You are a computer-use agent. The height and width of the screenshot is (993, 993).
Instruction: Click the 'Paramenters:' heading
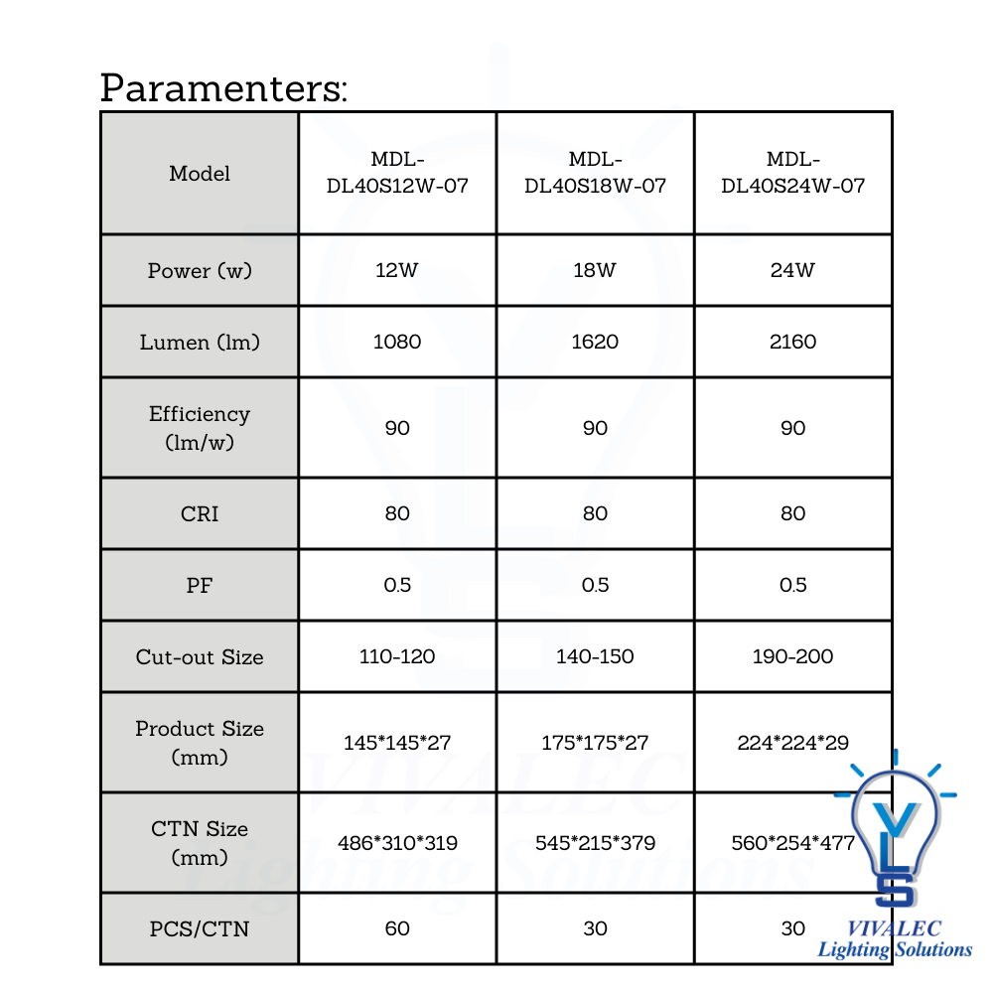tap(223, 88)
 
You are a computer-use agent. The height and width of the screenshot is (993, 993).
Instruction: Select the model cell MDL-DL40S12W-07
tap(397, 173)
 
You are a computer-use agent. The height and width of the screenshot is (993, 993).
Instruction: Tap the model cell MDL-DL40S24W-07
tap(792, 173)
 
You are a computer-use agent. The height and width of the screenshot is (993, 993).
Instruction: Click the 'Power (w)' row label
tap(200, 271)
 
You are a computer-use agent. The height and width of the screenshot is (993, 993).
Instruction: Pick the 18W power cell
tap(595, 270)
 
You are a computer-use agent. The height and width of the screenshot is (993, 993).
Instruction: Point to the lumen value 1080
tap(397, 342)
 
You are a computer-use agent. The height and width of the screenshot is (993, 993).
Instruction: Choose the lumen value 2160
tap(792, 342)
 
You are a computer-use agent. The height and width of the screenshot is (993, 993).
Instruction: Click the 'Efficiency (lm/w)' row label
tap(200, 428)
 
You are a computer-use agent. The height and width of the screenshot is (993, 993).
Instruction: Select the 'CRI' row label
tap(200, 513)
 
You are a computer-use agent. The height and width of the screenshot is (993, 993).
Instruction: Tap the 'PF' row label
tap(200, 585)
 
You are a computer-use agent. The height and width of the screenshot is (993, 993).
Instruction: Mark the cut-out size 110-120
tap(397, 656)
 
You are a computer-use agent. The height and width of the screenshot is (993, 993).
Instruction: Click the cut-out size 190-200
tap(792, 656)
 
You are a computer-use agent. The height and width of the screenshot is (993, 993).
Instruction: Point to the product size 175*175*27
tap(595, 743)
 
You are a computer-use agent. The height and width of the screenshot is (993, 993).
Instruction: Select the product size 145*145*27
tap(397, 743)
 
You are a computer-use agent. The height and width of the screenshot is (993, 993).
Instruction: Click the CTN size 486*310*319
tap(397, 843)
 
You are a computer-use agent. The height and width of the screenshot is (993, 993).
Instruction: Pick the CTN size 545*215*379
tap(595, 843)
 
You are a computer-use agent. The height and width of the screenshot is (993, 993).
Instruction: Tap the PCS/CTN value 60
tap(397, 928)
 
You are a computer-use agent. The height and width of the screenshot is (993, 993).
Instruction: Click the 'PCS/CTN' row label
tap(200, 928)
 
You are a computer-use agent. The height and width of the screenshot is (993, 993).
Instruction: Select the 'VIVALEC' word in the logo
tap(895, 929)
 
